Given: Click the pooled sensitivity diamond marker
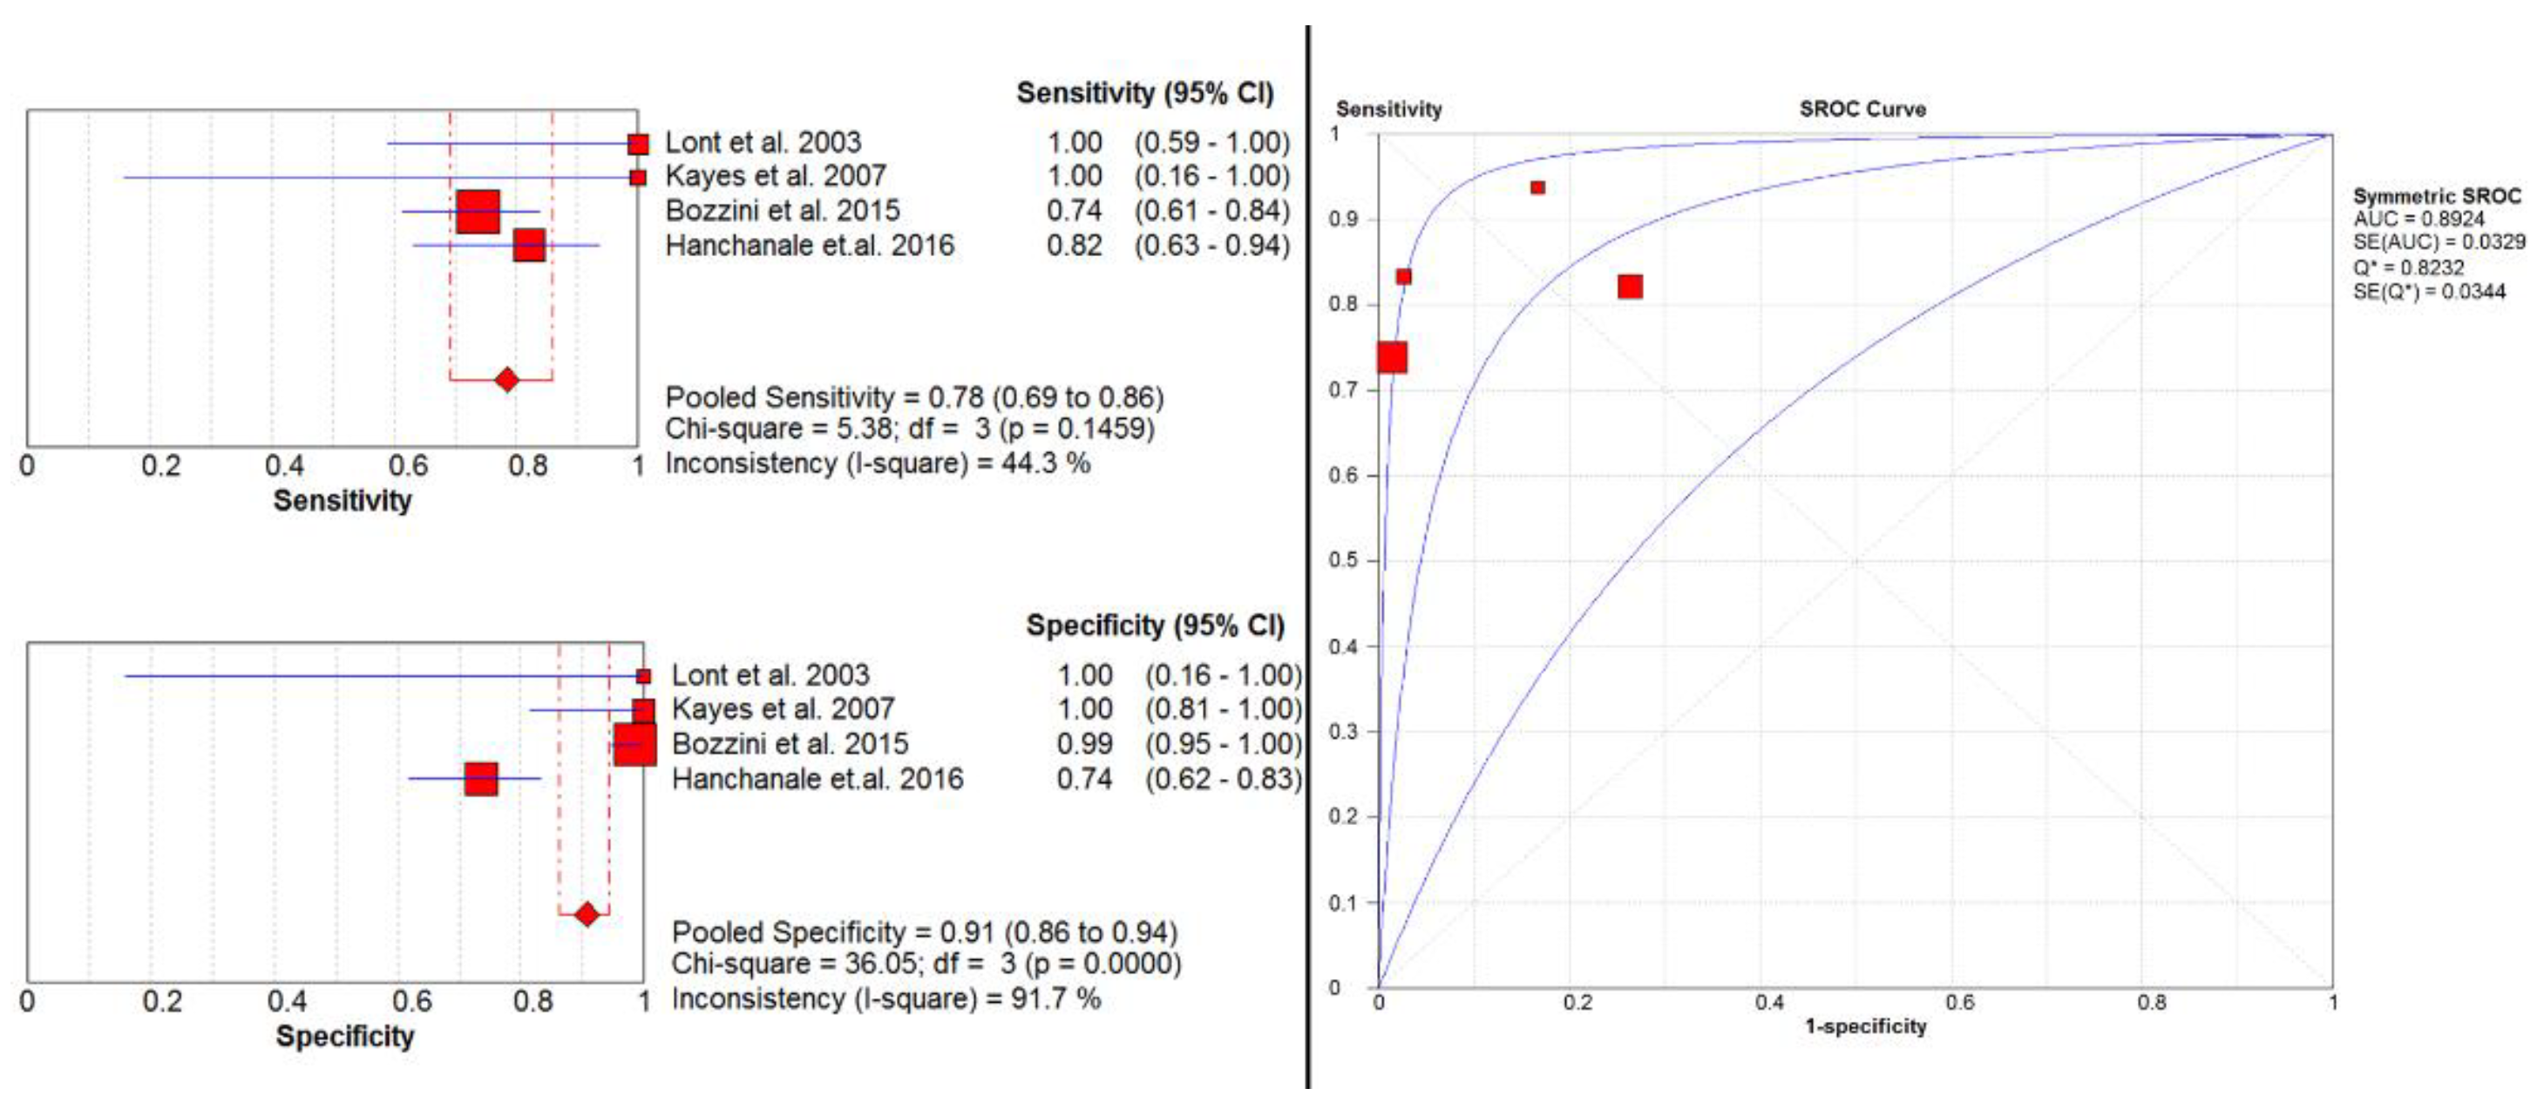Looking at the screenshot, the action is click(x=506, y=379).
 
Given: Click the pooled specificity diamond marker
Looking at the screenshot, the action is click(x=587, y=915).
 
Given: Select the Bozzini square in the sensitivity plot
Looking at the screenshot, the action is click(x=478, y=212).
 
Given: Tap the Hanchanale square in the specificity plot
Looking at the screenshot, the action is click(x=481, y=778).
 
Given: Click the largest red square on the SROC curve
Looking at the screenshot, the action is click(x=1393, y=357).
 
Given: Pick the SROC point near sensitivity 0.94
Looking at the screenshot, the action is click(x=1537, y=187).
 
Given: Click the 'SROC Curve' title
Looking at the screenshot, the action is click(x=1862, y=109).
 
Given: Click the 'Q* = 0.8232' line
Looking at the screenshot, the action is click(x=2409, y=267).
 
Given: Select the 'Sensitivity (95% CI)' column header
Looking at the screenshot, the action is click(x=1144, y=93).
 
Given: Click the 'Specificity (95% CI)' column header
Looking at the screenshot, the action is click(x=1155, y=626).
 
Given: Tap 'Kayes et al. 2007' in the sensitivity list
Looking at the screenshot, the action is click(x=776, y=176).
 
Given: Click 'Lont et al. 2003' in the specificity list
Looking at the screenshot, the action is click(x=770, y=674).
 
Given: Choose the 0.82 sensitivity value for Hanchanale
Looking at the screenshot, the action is click(x=1075, y=245).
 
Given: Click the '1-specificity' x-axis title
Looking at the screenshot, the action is click(x=1866, y=1026).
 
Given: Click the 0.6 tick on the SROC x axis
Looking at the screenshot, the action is click(x=1960, y=1003).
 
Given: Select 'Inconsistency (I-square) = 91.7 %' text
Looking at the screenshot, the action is click(x=885, y=998).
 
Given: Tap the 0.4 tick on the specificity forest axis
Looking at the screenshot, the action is click(x=287, y=1000).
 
